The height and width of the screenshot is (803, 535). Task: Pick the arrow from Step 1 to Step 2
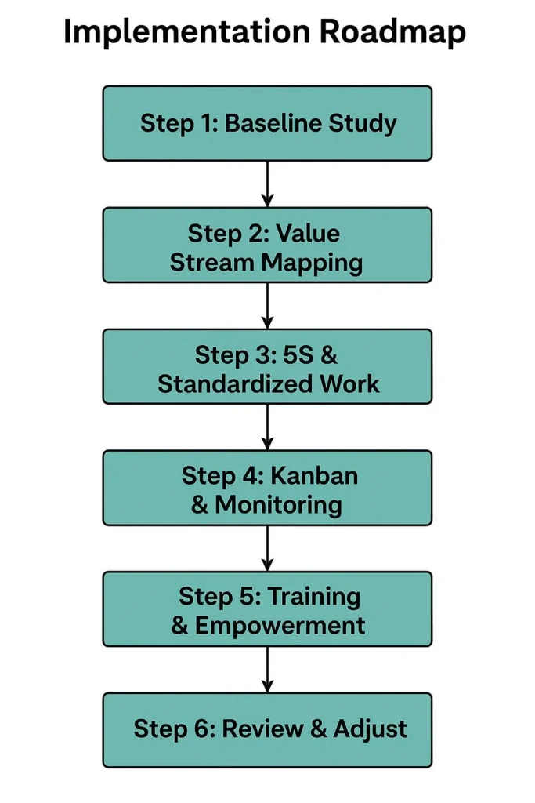(x=267, y=184)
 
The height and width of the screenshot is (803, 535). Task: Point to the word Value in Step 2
(x=308, y=233)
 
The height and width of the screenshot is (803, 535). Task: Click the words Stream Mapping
(x=266, y=262)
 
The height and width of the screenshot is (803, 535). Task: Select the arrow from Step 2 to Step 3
(x=267, y=306)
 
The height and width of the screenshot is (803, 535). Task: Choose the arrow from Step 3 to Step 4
(x=267, y=427)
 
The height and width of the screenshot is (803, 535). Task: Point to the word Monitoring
(x=278, y=504)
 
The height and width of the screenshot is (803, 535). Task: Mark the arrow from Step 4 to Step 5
(x=267, y=548)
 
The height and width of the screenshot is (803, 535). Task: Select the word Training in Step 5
(x=313, y=597)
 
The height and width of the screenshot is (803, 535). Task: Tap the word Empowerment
(x=280, y=625)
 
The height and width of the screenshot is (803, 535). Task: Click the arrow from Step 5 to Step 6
(x=267, y=670)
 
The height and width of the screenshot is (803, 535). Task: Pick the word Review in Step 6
(x=262, y=729)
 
